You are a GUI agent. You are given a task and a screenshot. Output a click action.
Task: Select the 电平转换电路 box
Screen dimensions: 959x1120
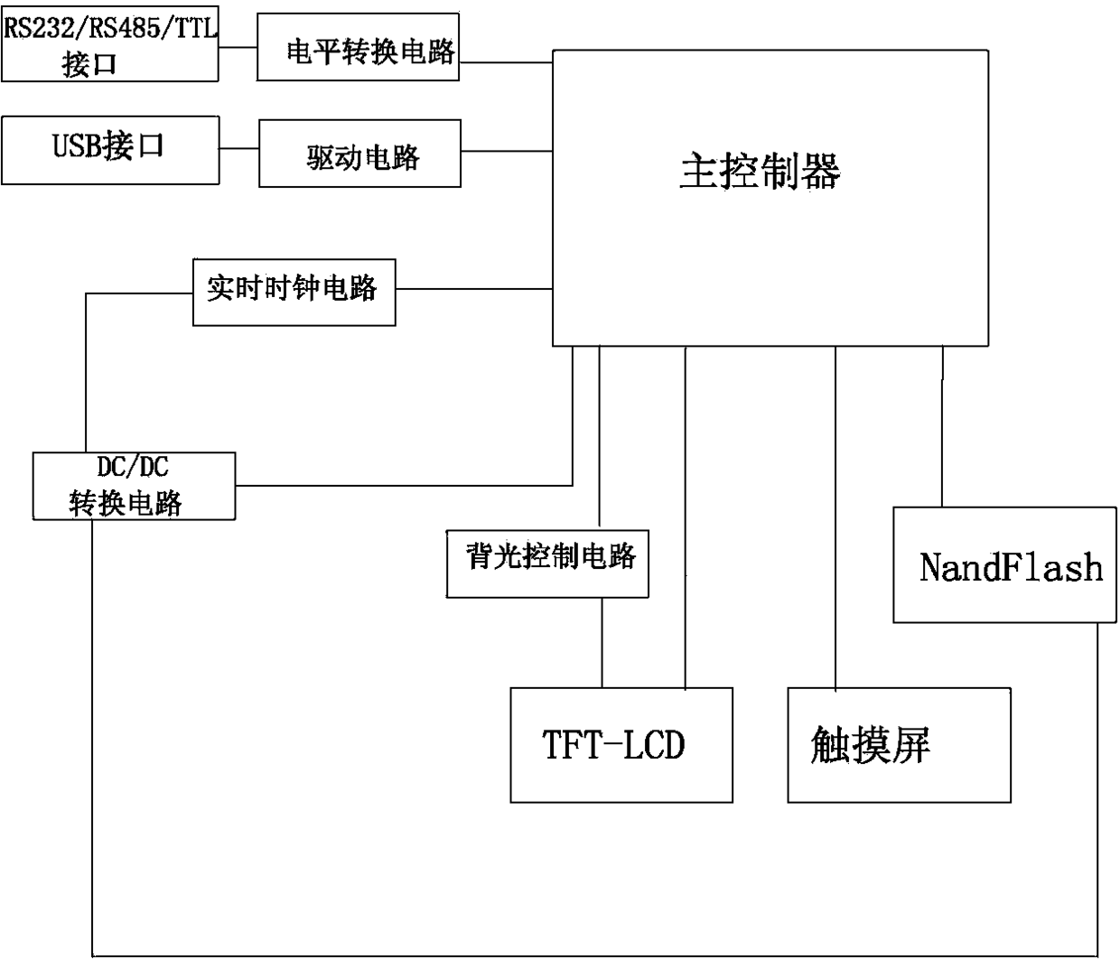358,47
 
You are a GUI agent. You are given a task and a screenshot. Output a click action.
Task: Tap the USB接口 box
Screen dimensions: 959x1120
109,150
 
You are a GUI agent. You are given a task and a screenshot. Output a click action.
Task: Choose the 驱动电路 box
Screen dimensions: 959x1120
359,154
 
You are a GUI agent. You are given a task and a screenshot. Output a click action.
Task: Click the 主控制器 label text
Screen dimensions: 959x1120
760,171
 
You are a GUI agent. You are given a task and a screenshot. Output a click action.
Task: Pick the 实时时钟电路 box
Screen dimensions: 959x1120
294,293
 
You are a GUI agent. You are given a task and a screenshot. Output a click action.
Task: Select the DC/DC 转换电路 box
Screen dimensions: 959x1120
134,486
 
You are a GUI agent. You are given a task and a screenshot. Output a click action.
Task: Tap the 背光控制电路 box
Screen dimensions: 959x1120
547,563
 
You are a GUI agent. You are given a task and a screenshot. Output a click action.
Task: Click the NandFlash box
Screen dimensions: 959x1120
1004,564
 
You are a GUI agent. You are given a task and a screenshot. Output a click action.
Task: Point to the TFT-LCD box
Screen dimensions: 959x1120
621,745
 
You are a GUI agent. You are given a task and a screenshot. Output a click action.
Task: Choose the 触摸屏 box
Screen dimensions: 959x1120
899,745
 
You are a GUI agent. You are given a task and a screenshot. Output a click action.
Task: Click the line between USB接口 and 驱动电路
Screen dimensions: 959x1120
239,149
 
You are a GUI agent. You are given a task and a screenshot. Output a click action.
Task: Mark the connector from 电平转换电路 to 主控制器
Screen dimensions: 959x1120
506,62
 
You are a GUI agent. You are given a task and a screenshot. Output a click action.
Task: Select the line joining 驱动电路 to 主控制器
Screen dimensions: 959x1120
507,151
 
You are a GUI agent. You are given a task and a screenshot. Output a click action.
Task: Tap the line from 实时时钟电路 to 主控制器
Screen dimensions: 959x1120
474,289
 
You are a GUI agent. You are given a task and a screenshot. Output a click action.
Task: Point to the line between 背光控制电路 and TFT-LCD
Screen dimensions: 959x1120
602,642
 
